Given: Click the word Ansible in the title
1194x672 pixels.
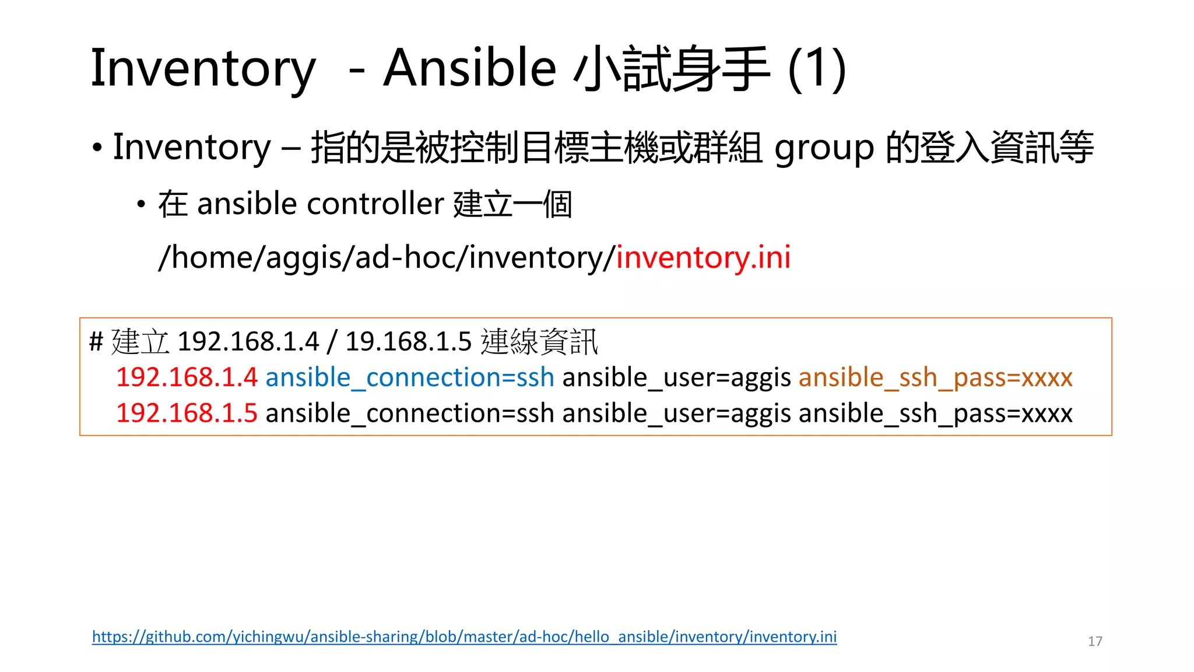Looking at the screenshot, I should pos(469,68).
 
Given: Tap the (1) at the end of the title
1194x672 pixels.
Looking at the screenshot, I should pos(816,68).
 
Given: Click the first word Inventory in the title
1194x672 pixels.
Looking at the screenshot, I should pos(203,69).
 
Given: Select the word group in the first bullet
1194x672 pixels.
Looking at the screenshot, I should pos(824,148).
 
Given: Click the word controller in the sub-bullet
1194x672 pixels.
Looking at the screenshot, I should pos(375,204).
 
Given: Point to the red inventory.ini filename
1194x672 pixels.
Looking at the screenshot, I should pos(703,257).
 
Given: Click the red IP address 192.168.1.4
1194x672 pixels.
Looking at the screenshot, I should pos(187,377).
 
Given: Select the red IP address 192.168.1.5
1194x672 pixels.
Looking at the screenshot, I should pos(187,413).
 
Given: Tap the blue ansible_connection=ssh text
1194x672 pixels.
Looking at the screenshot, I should pos(409,377).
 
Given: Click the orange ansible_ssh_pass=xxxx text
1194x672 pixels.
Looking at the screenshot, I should pos(935,377).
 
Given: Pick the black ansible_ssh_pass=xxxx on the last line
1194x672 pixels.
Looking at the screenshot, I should pos(935,413).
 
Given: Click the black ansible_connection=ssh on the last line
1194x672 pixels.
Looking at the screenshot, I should pos(409,413).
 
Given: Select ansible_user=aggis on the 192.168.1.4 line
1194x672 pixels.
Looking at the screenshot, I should pos(676,377).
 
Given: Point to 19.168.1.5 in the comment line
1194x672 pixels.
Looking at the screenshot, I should pos(408,341).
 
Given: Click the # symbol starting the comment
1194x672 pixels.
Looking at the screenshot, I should pos(96,341).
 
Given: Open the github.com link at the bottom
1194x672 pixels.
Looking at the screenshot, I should pos(464,636).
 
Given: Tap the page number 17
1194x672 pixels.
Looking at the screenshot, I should pos(1094,641).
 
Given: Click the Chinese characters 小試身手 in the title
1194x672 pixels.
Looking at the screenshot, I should pos(672,69).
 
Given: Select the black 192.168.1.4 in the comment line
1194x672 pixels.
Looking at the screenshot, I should pos(248,341).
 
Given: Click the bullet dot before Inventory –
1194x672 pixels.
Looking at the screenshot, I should pos(97,148).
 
